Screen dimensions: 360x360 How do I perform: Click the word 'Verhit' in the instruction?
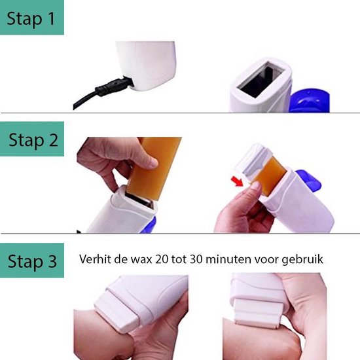point(96,259)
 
